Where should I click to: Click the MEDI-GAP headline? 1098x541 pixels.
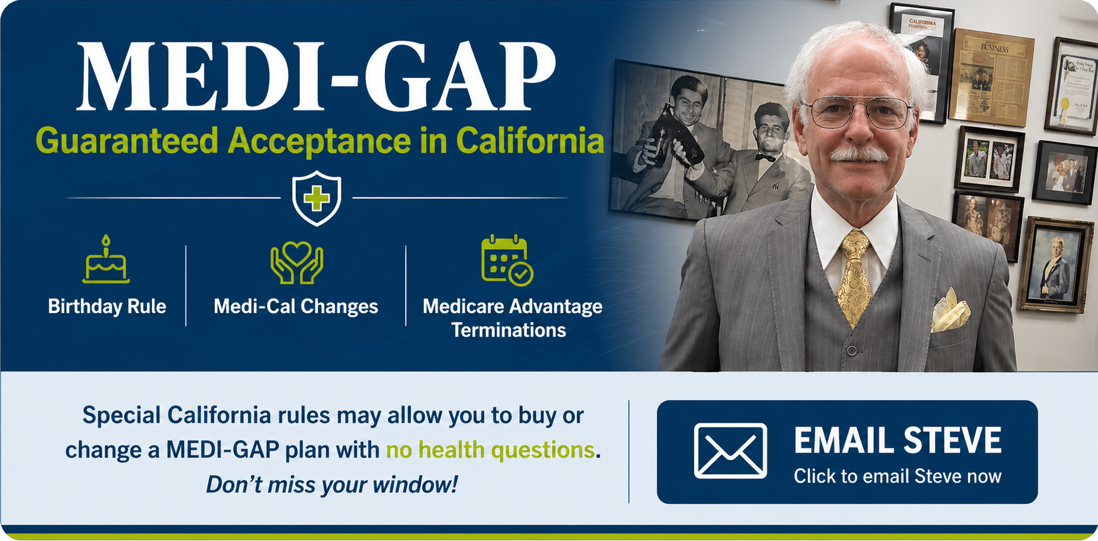tap(316, 77)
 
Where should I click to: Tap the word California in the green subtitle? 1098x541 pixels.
tap(530, 141)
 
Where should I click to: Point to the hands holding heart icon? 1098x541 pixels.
tap(296, 263)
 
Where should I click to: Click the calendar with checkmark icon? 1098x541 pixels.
tap(506, 260)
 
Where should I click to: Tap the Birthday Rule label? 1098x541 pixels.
tap(107, 306)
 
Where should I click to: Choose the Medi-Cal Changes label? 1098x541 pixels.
tap(296, 306)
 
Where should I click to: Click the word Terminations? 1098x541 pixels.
tap(509, 330)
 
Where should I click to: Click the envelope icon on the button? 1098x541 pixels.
tap(730, 451)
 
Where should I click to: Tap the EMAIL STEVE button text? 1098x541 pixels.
tap(897, 441)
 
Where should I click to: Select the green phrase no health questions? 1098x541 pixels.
tap(490, 450)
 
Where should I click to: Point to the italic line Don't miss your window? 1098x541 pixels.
tap(332, 485)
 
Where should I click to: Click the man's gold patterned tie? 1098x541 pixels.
tap(854, 276)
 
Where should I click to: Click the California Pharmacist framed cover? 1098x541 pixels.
tap(922, 56)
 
